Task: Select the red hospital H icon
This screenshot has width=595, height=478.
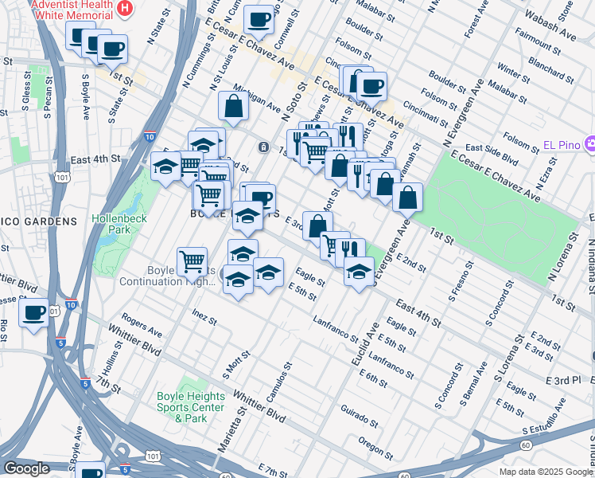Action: pos(124,10)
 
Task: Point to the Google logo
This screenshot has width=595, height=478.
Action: pos(26,468)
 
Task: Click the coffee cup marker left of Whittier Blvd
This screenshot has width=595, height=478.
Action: pos(33,313)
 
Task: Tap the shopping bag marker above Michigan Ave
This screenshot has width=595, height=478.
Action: pos(234,105)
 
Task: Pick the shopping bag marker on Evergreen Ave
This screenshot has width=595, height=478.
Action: pos(407,197)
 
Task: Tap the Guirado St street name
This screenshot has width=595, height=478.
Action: pos(358,417)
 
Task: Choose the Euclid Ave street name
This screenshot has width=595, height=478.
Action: pos(363,339)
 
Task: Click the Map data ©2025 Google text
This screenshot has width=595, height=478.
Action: pos(546,472)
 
